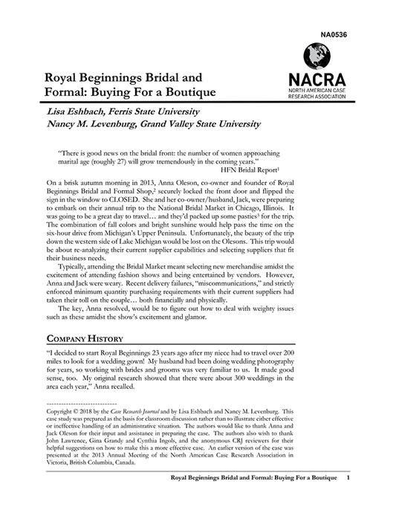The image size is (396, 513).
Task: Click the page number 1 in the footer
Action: point(348,479)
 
